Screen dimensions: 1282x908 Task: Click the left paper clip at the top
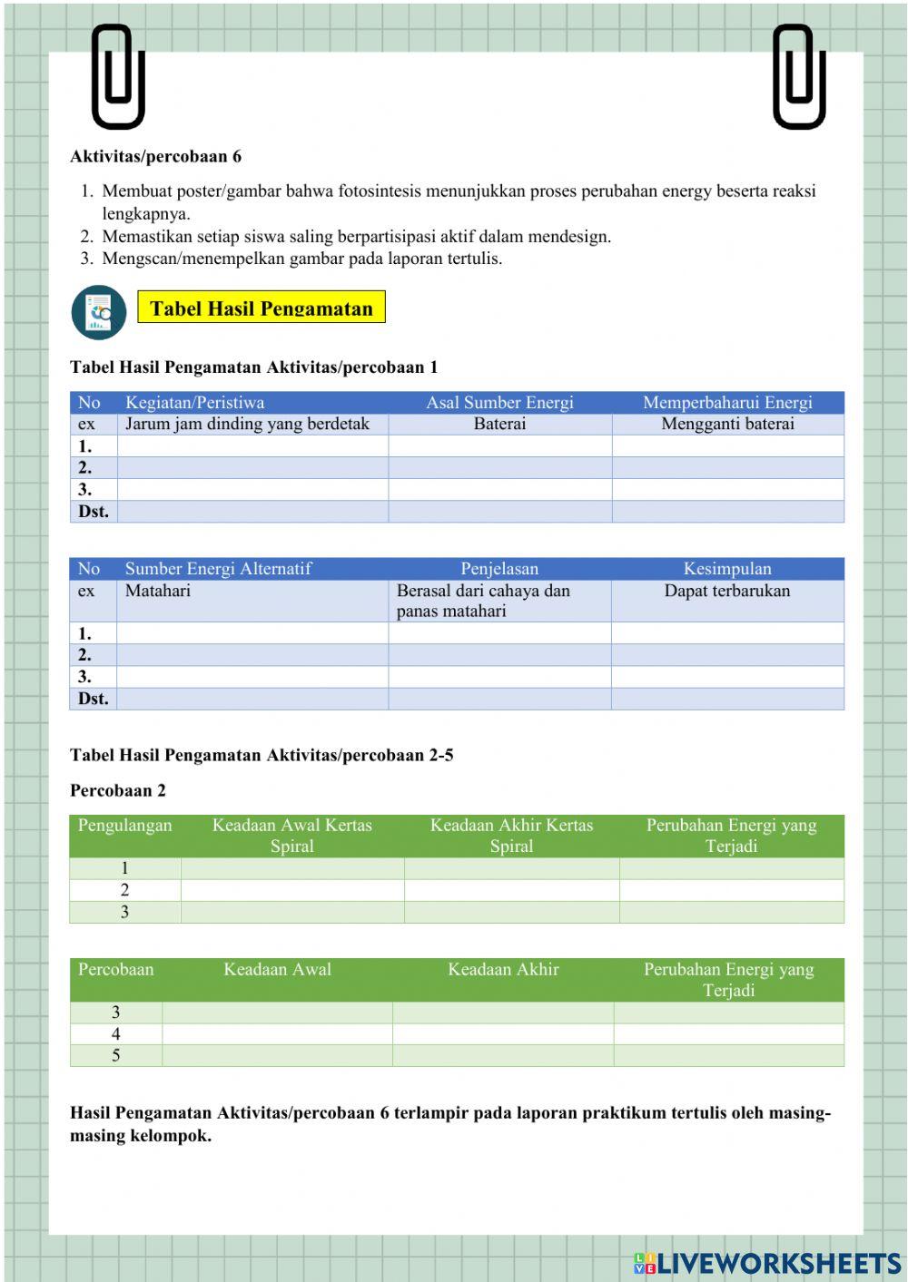[x=118, y=77]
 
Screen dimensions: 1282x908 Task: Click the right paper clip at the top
[x=798, y=77]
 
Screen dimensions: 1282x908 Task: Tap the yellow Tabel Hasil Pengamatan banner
[x=262, y=308]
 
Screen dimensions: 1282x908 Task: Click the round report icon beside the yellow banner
[x=99, y=313]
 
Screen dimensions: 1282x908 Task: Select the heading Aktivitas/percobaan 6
[x=155, y=156]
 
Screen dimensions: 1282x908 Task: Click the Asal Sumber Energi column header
[x=499, y=403]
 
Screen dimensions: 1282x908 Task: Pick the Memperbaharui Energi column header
[x=727, y=403]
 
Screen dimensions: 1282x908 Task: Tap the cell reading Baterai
[x=499, y=424]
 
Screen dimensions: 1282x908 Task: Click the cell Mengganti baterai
[x=727, y=424]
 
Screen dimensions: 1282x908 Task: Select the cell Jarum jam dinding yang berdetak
[x=247, y=424]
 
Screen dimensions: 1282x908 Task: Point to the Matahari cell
[x=158, y=591]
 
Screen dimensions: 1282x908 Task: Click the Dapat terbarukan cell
[x=726, y=591]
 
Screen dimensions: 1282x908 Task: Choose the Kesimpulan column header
[x=727, y=569]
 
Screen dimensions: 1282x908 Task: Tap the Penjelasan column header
[x=499, y=569]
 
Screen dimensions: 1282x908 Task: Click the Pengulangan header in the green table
[x=124, y=826]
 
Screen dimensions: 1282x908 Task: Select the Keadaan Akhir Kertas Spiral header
[x=511, y=836]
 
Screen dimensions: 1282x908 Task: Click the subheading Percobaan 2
[x=118, y=790]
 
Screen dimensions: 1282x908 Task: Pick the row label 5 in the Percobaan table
[x=116, y=1055]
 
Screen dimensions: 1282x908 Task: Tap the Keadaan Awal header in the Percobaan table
[x=277, y=970]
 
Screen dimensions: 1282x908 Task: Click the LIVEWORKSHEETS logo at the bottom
[x=767, y=1263]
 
